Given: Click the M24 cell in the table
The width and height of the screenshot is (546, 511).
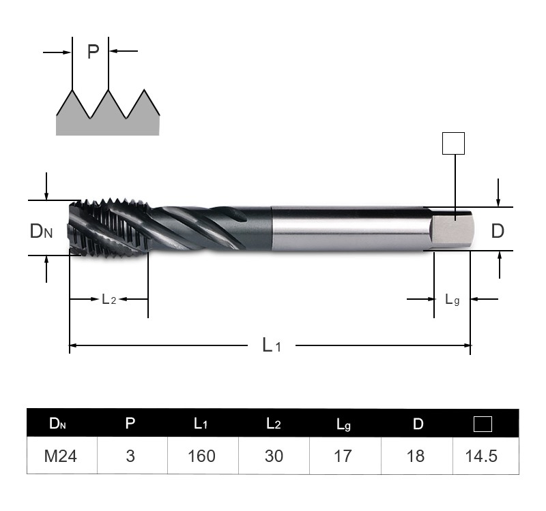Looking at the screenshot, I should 61,456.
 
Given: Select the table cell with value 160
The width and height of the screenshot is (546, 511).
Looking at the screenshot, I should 201,456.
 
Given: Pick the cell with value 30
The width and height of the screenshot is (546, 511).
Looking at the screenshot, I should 273,456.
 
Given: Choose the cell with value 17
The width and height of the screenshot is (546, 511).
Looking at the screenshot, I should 343,456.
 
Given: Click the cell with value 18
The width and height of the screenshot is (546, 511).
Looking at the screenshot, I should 415,456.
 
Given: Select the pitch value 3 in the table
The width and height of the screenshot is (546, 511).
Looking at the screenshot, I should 130,456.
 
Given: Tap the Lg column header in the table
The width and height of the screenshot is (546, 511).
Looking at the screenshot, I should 343,424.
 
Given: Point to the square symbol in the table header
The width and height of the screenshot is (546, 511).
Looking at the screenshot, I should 483,424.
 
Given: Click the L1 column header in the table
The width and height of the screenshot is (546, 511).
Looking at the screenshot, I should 201,424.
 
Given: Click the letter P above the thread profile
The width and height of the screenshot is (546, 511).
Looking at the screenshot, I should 93,52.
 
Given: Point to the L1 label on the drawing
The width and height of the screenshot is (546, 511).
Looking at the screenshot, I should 271,345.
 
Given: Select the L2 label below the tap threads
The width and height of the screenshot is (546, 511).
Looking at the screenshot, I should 109,299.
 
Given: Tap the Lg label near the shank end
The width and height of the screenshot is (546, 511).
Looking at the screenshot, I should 452,299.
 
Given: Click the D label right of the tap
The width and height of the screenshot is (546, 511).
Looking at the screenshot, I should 498,231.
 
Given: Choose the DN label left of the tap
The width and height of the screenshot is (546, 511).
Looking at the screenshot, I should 41,231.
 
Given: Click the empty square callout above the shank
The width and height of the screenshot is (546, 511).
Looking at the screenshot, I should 453,144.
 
